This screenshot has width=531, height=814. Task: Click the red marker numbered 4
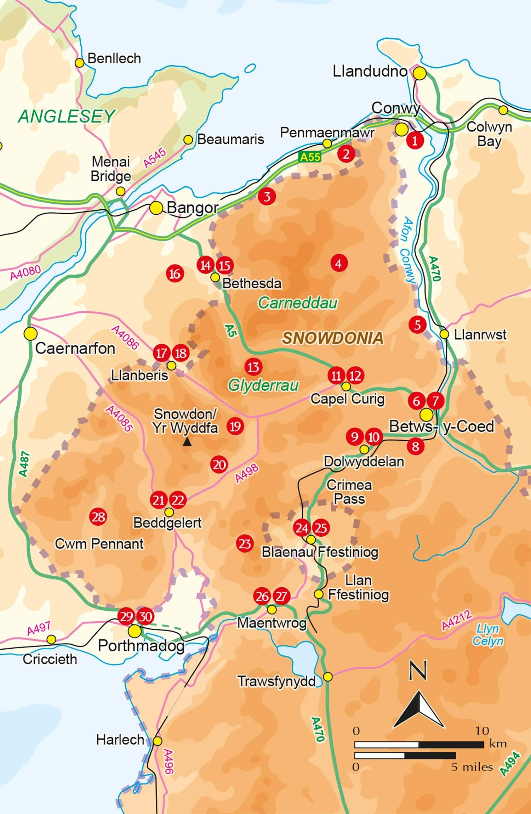pyautogui.click(x=339, y=263)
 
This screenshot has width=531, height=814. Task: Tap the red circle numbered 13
pyautogui.click(x=253, y=367)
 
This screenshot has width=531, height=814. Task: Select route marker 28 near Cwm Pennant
pyautogui.click(x=98, y=517)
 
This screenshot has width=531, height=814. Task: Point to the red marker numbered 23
pyautogui.click(x=245, y=544)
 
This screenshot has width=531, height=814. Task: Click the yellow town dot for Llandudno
pyautogui.click(x=420, y=74)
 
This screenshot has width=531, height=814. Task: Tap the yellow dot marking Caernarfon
pyautogui.click(x=30, y=334)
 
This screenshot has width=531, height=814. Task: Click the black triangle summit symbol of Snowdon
pyautogui.click(x=187, y=442)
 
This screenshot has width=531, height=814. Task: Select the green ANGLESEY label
pyautogui.click(x=66, y=116)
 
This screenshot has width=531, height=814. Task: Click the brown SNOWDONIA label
pyautogui.click(x=332, y=338)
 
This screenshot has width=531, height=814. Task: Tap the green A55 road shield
pyautogui.click(x=310, y=157)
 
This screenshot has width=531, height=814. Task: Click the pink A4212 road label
pyautogui.click(x=457, y=620)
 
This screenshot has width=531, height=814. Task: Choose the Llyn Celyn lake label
pyautogui.click(x=488, y=635)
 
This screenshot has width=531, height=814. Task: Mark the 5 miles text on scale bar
pyautogui.click(x=472, y=767)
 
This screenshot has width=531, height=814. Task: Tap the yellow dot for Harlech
pyautogui.click(x=158, y=741)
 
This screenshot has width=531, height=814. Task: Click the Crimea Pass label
pyautogui.click(x=349, y=492)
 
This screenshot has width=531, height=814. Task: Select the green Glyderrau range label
pyautogui.click(x=263, y=385)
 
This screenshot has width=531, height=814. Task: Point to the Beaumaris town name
pyautogui.click(x=230, y=139)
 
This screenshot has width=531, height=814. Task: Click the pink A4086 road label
pyautogui.click(x=125, y=338)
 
